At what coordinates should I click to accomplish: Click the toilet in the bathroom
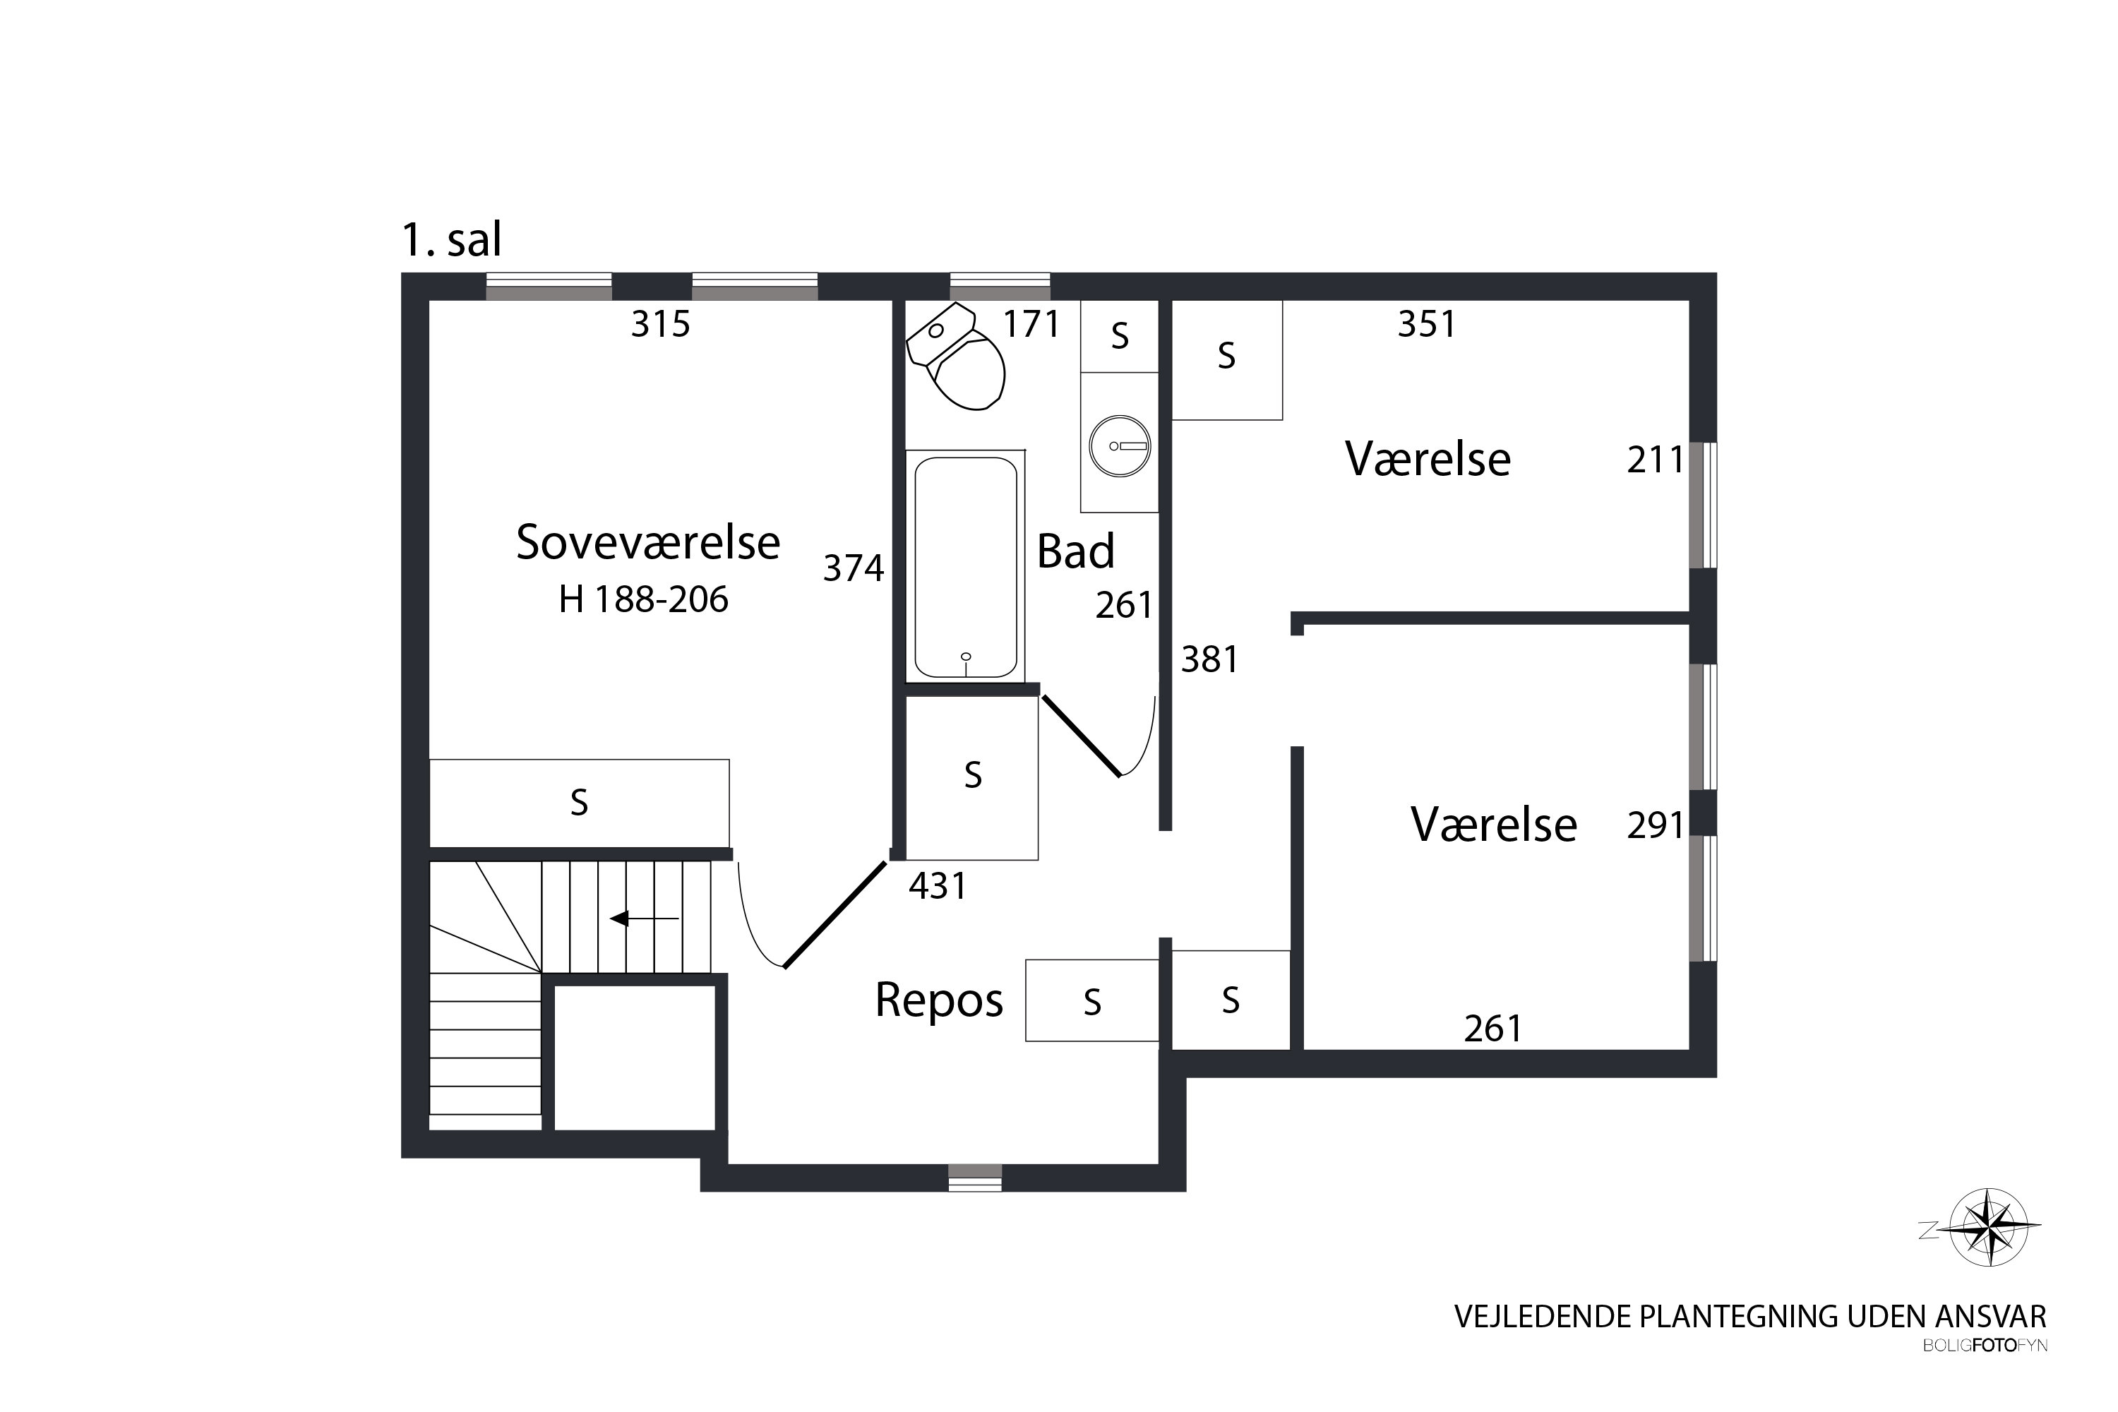(957, 357)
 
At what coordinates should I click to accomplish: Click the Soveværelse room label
(647, 542)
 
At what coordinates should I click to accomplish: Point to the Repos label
(939, 1000)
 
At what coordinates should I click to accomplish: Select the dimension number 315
(660, 324)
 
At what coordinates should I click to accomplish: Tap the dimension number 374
(854, 568)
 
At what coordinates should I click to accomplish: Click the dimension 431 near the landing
(938, 887)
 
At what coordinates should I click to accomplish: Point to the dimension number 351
(1426, 324)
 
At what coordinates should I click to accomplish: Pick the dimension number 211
(1655, 460)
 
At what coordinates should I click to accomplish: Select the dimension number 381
(1209, 660)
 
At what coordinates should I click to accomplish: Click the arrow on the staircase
(644, 919)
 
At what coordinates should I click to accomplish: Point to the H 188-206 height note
(643, 599)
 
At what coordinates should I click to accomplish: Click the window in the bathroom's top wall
(1000, 287)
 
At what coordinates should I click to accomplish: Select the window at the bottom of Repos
(975, 1178)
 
